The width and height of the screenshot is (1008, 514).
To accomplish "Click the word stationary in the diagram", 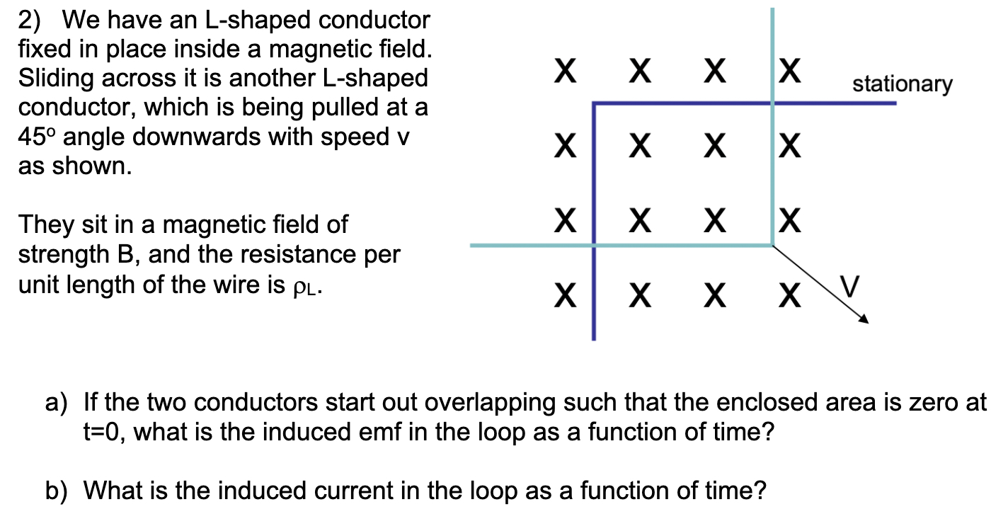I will (902, 85).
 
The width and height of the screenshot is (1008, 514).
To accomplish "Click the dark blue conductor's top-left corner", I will (595, 105).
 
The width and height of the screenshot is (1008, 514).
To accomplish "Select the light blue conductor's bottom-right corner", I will (772, 245).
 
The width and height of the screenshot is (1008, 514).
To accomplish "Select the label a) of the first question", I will (56, 404).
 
